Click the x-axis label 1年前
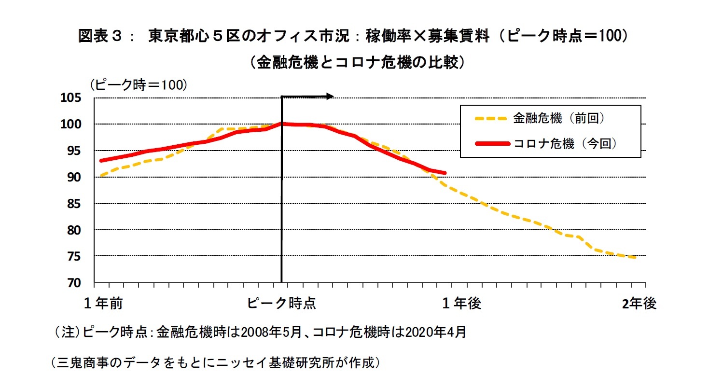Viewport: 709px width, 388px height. (x=103, y=304)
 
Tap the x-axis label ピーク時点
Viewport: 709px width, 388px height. (x=282, y=304)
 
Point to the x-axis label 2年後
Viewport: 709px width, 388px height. (x=639, y=304)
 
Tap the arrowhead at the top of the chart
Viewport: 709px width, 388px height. (x=330, y=97)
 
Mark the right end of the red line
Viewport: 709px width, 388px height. (x=445, y=172)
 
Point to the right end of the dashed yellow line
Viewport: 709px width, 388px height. (x=635, y=258)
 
